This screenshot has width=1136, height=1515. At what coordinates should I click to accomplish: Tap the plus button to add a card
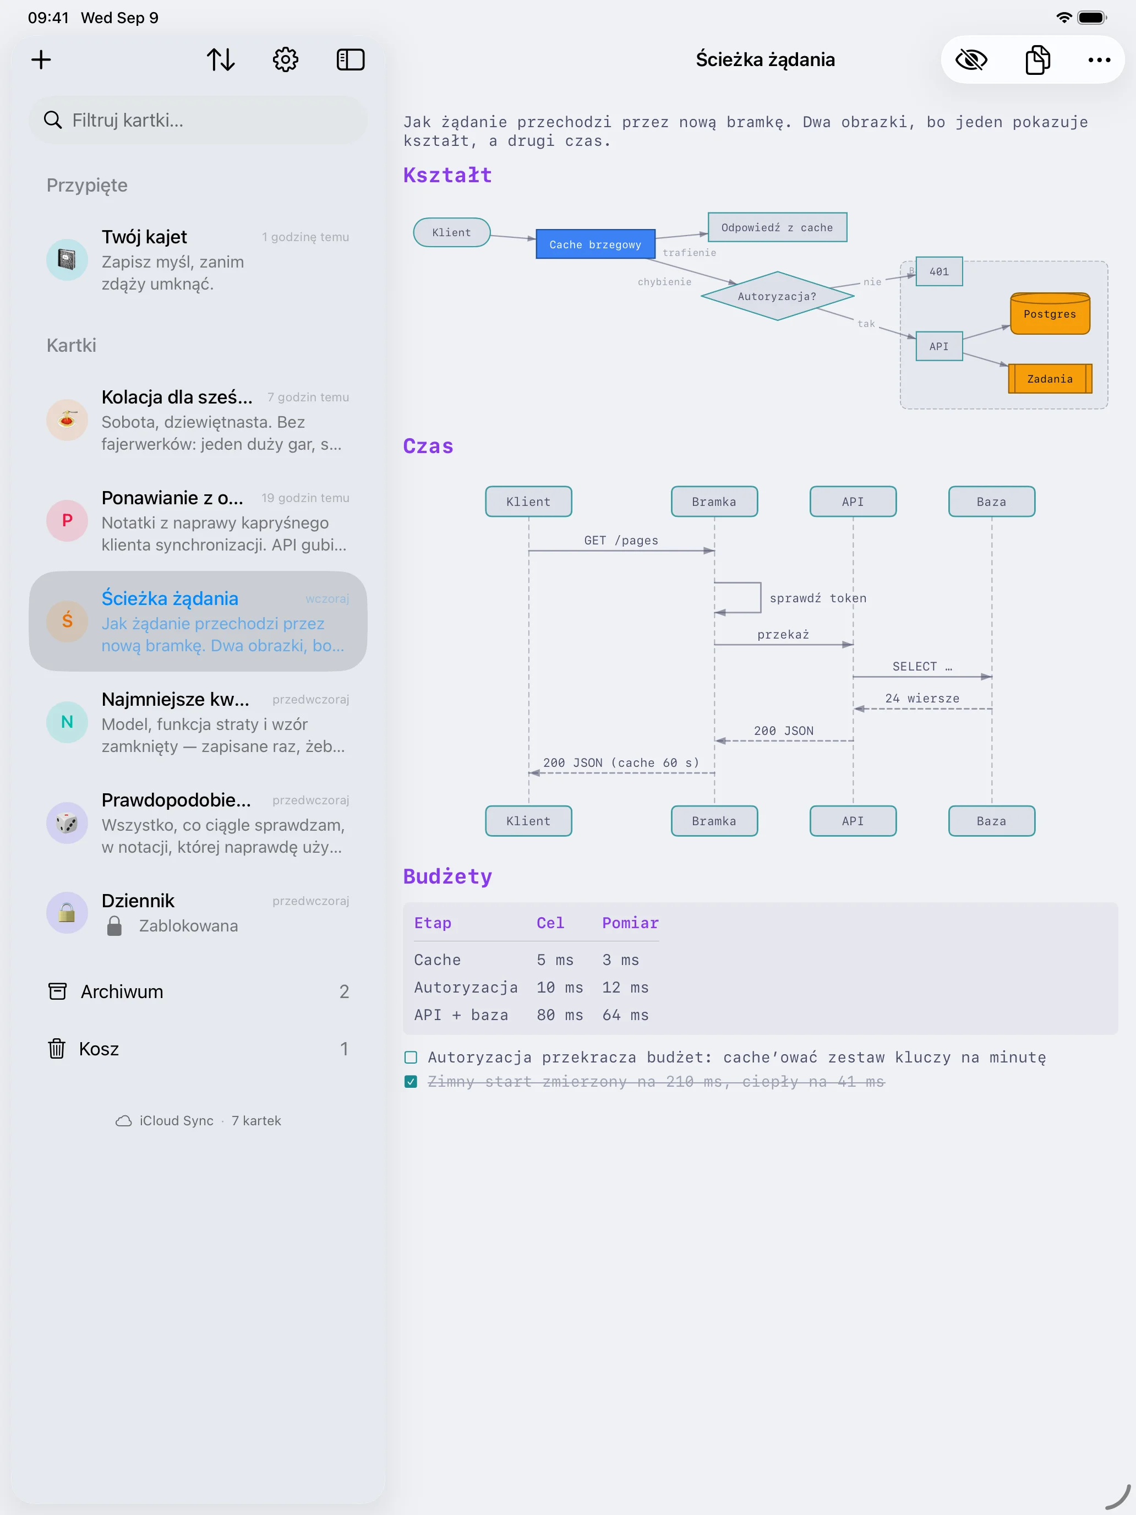point(41,59)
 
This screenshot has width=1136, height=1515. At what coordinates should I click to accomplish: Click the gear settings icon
point(286,59)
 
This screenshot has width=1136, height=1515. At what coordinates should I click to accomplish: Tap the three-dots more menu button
point(1099,59)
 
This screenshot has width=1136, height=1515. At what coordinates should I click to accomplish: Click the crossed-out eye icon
point(971,59)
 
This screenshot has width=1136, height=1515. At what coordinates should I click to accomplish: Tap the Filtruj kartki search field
point(198,120)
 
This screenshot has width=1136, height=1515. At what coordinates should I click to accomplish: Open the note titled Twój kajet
point(198,260)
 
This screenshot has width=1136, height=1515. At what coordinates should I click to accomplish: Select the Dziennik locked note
point(198,913)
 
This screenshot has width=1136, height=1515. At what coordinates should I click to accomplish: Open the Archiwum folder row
point(198,991)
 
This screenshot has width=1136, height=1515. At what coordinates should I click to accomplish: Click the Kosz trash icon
point(57,1049)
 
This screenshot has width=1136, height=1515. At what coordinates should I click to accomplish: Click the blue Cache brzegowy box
point(595,244)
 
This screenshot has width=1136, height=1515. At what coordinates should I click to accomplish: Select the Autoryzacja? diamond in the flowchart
point(777,296)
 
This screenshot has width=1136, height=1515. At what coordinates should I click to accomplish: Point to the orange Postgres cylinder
point(1050,313)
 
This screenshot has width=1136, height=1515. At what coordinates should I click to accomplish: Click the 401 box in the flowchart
point(939,271)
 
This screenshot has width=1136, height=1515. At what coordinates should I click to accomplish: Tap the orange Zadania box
point(1050,379)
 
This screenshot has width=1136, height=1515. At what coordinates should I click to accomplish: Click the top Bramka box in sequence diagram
point(714,502)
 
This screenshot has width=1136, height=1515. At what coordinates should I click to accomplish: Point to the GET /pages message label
point(621,541)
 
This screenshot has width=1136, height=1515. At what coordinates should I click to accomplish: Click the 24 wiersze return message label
point(922,698)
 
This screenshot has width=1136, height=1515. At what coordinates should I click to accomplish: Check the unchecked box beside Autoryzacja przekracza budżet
point(411,1058)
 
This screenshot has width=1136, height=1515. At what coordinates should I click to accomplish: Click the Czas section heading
point(428,446)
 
